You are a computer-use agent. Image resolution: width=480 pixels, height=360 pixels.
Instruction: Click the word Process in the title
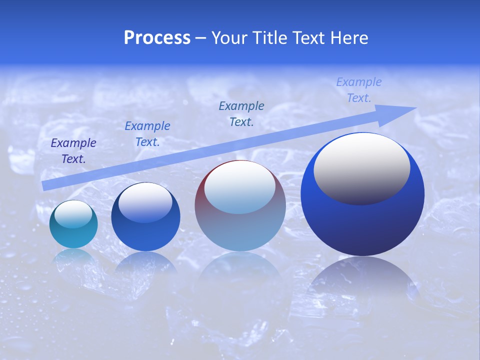[157, 38]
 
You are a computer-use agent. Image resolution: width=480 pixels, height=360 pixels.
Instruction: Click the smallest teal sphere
[73, 235]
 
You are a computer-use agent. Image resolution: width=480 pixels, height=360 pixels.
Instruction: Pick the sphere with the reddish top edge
[240, 230]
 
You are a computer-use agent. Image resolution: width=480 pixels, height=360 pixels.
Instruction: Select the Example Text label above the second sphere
[147, 134]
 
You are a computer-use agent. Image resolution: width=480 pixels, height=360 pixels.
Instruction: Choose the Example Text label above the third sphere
[241, 114]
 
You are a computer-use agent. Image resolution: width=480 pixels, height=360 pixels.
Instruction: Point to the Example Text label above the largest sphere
[358, 90]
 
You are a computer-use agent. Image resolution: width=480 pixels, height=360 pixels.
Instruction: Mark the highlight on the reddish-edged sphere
[239, 187]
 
